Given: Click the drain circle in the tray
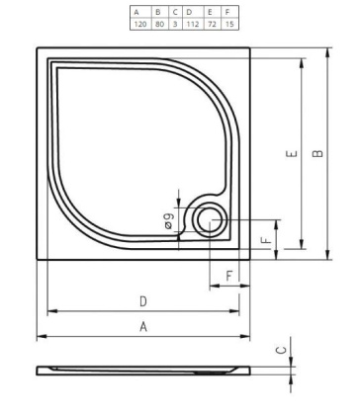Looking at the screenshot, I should (210, 222).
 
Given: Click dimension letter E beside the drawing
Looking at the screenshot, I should (287, 155).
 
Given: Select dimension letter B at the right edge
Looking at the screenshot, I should (315, 155).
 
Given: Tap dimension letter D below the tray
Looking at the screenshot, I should (143, 299).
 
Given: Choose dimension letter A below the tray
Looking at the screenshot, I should (143, 326).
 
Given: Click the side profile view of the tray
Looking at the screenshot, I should (148, 369).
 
